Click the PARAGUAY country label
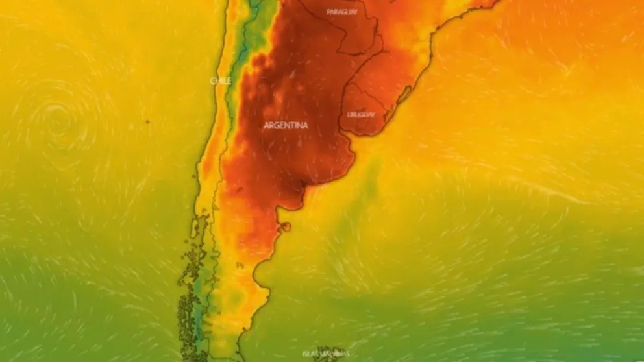pos(342,12)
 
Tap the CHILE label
pos(219,80)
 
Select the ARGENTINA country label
pos(286,126)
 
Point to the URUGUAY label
pos(361,115)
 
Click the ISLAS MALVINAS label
pos(325,354)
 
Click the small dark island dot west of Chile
pos(147,121)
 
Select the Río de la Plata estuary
pos(351,141)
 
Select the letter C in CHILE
pos(212,80)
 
